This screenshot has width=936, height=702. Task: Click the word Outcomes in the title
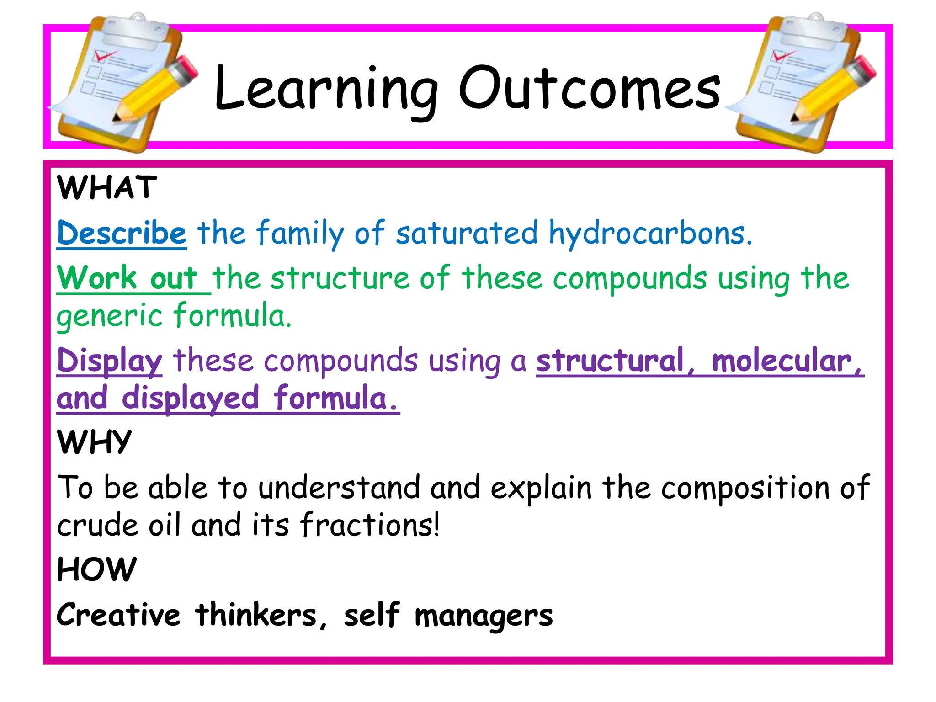[x=589, y=89]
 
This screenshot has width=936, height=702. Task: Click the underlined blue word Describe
[x=122, y=233]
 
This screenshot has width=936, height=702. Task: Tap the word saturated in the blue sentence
[x=466, y=233]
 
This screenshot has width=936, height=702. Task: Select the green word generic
[x=110, y=317]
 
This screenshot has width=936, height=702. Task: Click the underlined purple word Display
[x=110, y=361]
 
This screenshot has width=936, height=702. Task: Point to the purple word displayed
[x=190, y=399]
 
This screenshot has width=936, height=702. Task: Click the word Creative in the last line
[x=119, y=615]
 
